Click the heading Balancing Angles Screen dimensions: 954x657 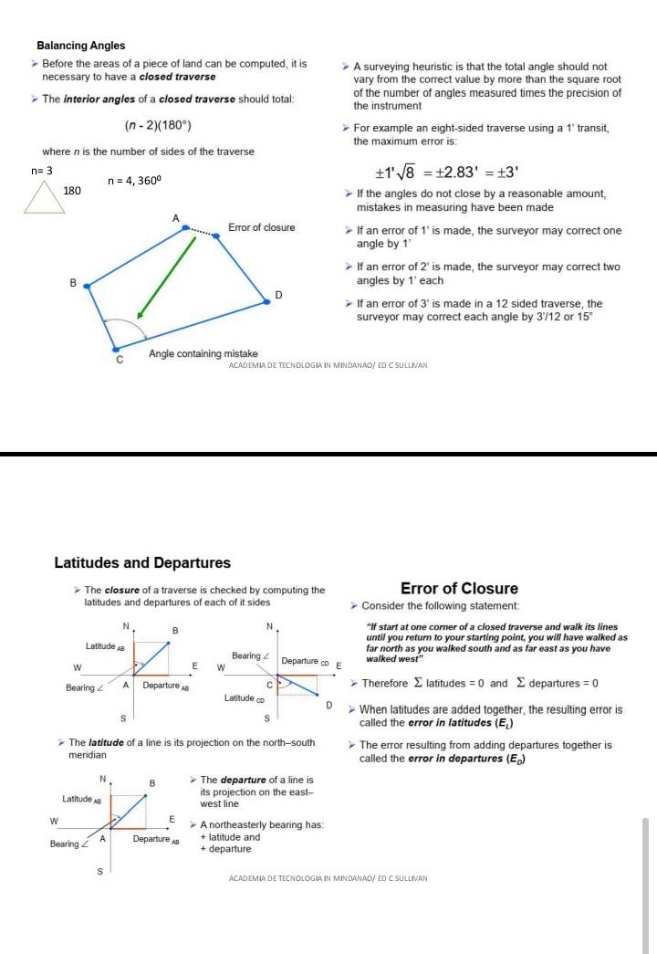click(80, 46)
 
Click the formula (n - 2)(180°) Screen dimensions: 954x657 click(157, 125)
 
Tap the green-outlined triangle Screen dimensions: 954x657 click(44, 196)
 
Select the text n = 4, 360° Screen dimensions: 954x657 click(134, 181)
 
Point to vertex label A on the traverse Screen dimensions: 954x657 click(175, 217)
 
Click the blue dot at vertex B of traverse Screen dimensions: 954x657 click(87, 286)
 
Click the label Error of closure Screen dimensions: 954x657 click(261, 227)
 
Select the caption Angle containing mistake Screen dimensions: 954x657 click(203, 353)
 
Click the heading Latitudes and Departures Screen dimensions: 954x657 click(142, 563)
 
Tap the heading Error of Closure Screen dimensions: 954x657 click(459, 589)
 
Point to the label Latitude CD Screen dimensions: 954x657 click(244, 698)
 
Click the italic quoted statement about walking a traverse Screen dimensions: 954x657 click(495, 643)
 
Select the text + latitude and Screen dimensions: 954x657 click(230, 836)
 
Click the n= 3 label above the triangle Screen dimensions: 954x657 click(42, 171)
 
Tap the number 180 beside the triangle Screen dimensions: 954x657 click(72, 191)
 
